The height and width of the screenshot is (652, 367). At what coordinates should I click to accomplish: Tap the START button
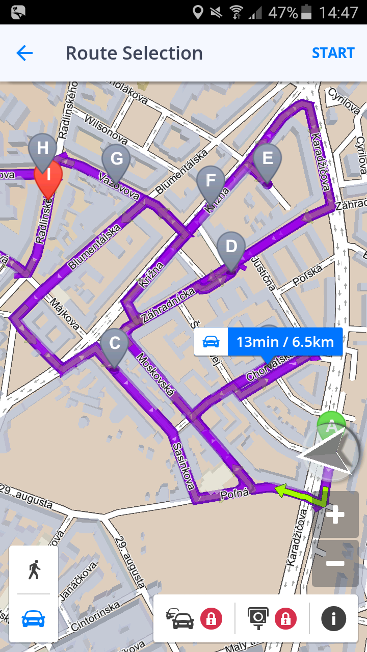[x=333, y=53]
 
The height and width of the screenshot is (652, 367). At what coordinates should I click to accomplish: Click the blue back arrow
[x=24, y=53]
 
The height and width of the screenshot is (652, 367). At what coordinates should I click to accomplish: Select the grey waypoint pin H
[x=42, y=149]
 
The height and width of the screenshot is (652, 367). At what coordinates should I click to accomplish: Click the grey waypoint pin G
[x=116, y=160]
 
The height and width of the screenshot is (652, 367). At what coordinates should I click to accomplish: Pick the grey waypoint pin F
[x=211, y=181]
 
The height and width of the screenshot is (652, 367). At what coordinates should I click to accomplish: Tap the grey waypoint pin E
[x=267, y=159]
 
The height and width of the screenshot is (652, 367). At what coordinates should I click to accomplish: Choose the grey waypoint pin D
[x=231, y=248]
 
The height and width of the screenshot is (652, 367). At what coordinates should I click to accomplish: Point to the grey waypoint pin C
[x=115, y=344]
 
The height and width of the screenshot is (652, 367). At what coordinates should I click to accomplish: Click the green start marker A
[x=331, y=425]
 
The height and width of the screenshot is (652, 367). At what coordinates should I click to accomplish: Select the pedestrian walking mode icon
[x=34, y=569]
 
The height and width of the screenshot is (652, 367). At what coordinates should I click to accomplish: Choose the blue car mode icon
[x=34, y=618]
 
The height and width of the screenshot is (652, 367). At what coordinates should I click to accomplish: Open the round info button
[x=333, y=619]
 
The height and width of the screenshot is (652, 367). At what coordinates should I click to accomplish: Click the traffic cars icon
[x=180, y=619]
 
